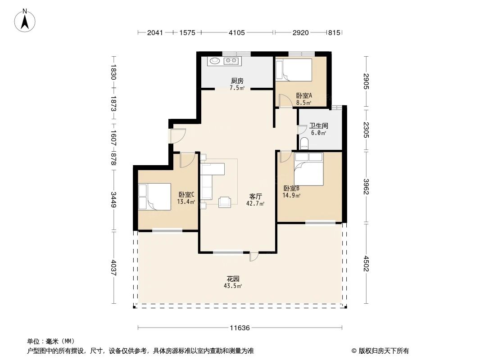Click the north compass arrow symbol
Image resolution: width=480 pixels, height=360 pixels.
pos(25,20)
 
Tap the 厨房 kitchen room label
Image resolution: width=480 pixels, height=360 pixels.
pos(237,81)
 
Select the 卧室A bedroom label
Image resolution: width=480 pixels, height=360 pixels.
pos(304,95)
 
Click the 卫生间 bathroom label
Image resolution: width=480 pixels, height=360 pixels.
pos(318,126)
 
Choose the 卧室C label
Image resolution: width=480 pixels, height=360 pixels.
pos(186,195)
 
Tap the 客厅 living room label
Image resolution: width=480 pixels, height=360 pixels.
pos(256,197)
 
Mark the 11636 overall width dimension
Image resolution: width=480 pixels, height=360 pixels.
pos(240,328)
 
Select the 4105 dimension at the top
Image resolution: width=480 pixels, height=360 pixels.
pos(237,32)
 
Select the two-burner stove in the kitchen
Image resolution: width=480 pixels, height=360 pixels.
pos(231,61)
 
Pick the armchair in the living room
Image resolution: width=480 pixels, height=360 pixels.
pos(224,202)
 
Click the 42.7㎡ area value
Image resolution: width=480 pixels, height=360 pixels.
pos(255,204)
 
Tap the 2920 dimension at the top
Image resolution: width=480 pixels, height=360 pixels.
pos(300,32)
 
